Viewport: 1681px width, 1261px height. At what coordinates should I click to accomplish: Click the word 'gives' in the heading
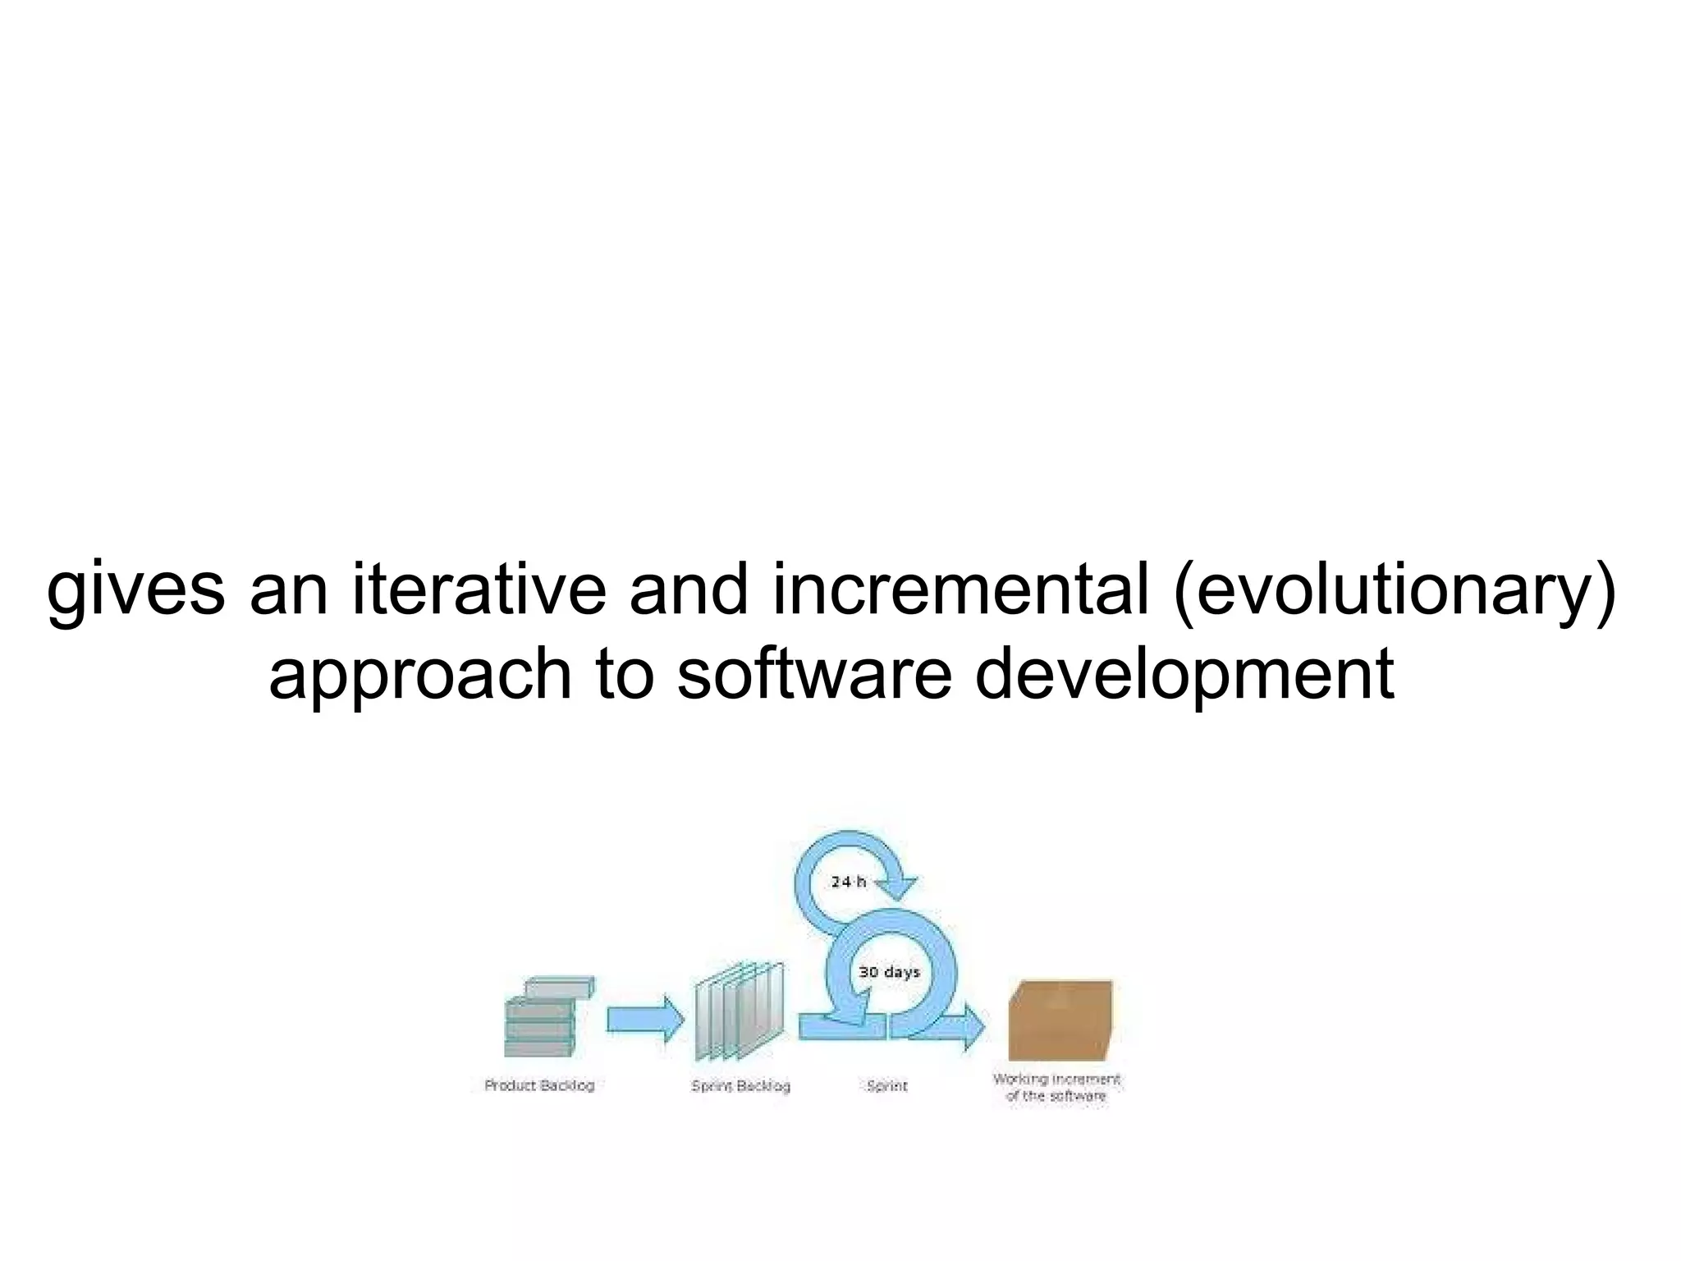tap(135, 590)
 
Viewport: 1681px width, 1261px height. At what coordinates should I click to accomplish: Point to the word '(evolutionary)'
tap(1395, 590)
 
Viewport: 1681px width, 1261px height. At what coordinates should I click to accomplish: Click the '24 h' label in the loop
tap(848, 882)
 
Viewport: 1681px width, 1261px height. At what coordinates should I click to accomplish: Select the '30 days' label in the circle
tap(889, 972)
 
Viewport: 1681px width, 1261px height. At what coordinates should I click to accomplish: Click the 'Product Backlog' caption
tap(539, 1085)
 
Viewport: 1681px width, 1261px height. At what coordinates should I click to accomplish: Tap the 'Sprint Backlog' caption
tap(740, 1086)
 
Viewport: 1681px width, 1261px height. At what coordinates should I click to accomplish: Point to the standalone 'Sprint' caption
tap(887, 1086)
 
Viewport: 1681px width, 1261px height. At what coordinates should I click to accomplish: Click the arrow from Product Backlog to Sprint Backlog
tap(645, 1020)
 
